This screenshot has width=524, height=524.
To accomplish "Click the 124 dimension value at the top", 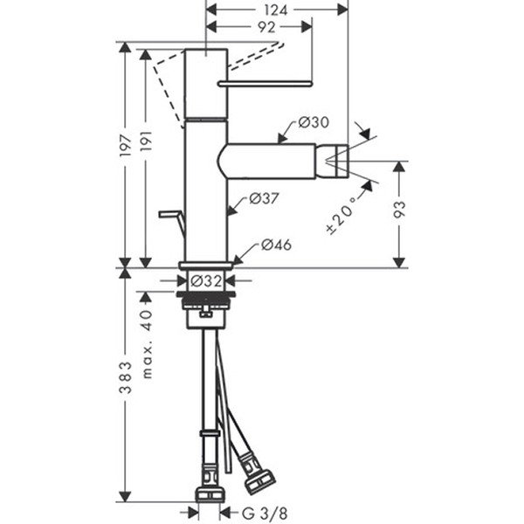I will point(275,10).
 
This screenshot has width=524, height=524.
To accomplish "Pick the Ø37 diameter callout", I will point(263,199).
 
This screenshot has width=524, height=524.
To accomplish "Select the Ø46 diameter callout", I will point(275,245).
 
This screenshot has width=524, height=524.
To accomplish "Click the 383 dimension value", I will point(128,376).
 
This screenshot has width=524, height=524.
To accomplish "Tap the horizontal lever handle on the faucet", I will point(265,84).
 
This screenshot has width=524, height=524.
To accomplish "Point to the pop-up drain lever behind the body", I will point(170,215).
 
